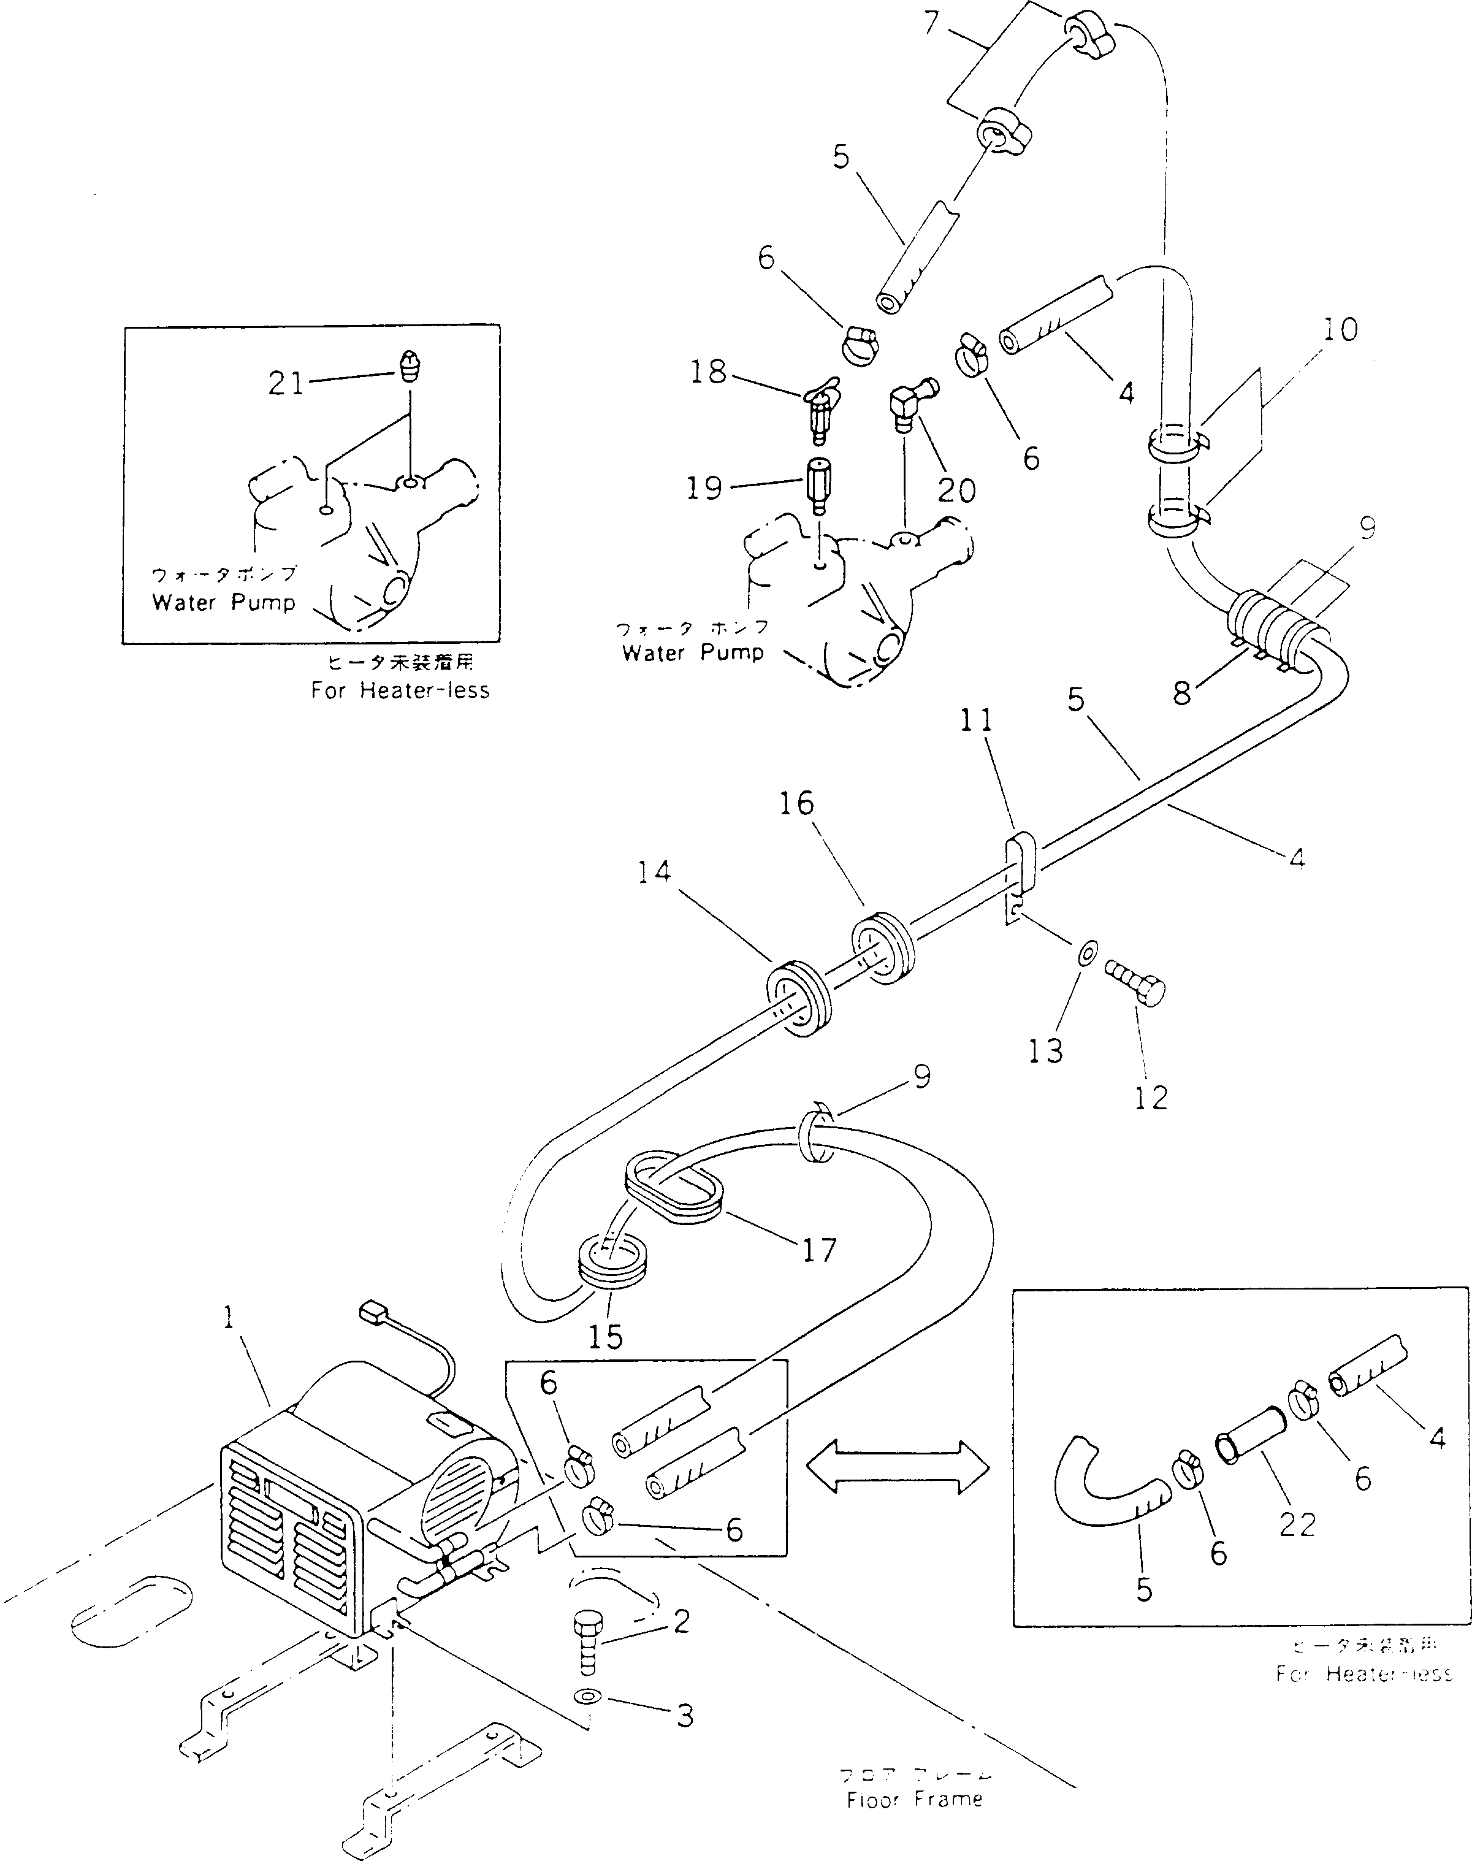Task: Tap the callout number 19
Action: (x=704, y=489)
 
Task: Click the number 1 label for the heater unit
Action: (x=229, y=1318)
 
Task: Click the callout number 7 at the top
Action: (x=931, y=23)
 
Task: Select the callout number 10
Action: (x=1340, y=329)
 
